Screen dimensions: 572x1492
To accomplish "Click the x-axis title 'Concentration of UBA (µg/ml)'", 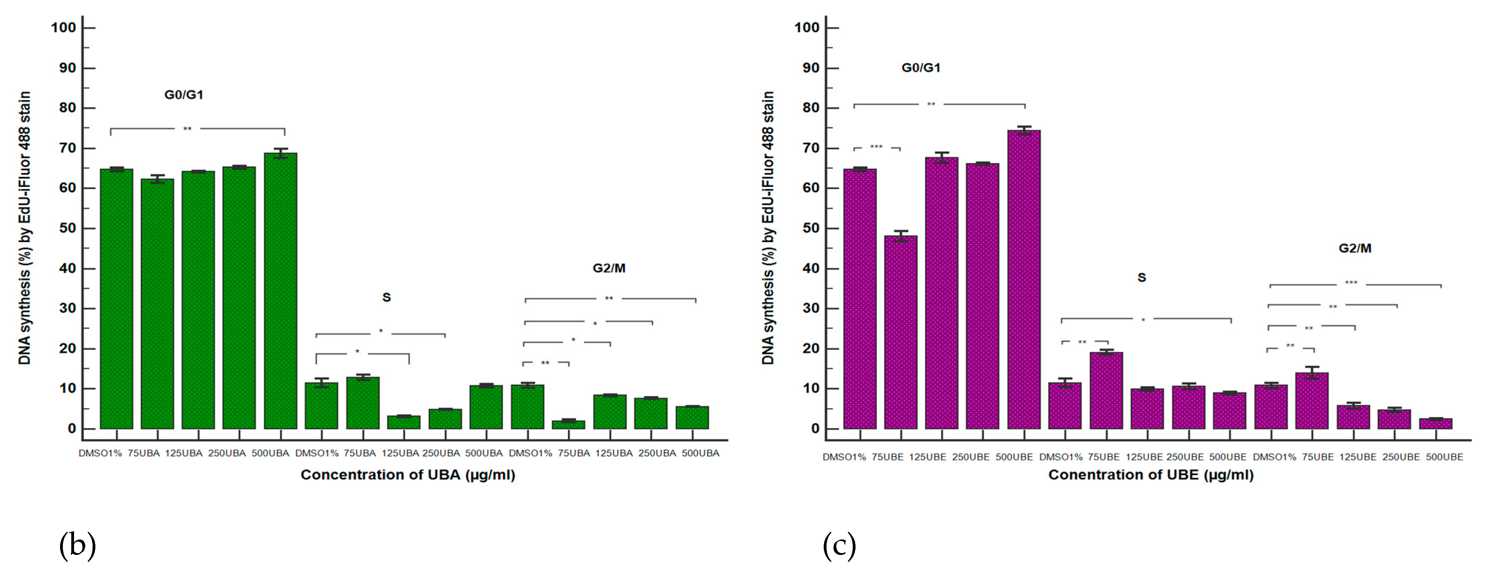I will point(408,475).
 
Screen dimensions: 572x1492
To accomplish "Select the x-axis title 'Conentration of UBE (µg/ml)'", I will point(1151,475).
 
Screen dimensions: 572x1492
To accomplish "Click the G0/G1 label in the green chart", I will point(184,94).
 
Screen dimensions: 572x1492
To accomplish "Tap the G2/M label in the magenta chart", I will point(1355,248).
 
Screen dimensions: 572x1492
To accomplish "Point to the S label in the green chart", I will point(386,298).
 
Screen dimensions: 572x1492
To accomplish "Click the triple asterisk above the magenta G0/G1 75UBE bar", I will point(876,147).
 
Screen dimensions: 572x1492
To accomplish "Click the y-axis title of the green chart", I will point(24,228).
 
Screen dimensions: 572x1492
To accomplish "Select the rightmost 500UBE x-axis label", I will point(1444,457).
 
